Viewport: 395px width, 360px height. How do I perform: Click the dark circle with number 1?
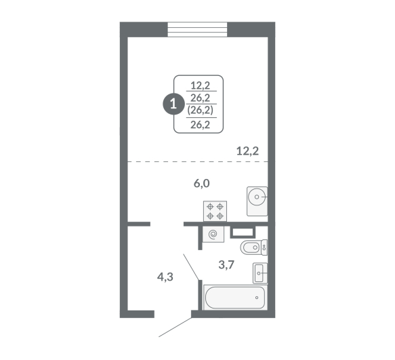point(173,104)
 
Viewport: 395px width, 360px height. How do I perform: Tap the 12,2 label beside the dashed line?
point(247,151)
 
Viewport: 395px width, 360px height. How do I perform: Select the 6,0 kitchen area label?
point(201,184)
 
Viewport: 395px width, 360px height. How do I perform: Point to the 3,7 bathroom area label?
point(226,264)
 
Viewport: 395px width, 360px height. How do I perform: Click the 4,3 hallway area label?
point(165,277)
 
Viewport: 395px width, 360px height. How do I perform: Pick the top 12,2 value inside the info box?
point(201,85)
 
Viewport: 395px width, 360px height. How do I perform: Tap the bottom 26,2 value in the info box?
point(201,125)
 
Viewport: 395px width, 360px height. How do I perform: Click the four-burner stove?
point(215,212)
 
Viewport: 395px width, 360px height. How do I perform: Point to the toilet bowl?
point(253,247)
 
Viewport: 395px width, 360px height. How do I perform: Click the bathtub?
point(235,297)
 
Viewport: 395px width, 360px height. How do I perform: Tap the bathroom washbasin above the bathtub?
point(260,273)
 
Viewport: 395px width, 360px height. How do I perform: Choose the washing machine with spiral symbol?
point(213,234)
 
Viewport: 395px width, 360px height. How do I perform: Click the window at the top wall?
point(197,30)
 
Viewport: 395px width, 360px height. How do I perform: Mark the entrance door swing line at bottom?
point(175,327)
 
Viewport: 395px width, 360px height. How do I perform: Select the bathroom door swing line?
point(191,267)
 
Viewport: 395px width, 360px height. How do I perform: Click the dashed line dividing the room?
point(198,161)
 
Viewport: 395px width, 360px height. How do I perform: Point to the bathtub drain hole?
point(257,298)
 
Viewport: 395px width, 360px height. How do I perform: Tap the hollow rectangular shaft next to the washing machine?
point(243,232)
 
